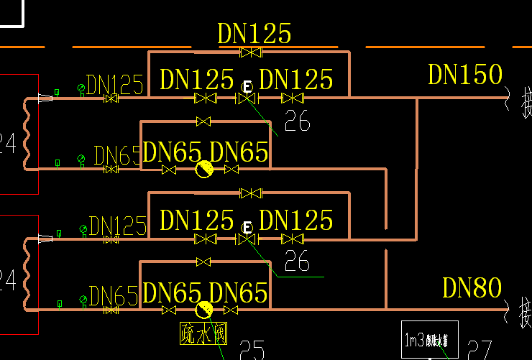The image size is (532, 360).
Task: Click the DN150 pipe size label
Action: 464,75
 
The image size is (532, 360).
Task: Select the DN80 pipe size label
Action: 472,288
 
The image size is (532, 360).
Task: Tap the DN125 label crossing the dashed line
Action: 254,34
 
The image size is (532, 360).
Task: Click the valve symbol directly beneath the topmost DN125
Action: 251,52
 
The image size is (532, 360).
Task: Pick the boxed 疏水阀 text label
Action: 203,333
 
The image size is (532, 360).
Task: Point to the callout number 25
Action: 251,351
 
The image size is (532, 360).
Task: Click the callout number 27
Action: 480,350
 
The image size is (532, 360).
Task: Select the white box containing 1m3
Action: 429,338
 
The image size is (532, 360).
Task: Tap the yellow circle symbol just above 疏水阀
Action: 205,310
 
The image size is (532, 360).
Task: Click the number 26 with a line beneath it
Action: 297,262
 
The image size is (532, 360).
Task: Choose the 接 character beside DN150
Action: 526,98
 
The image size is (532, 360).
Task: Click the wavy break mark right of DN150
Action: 508,96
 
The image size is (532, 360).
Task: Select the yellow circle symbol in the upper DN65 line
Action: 205,170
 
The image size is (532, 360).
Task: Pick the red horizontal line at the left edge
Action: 18,194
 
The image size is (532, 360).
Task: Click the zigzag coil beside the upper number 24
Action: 28,134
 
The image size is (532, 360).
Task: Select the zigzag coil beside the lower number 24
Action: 28,274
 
